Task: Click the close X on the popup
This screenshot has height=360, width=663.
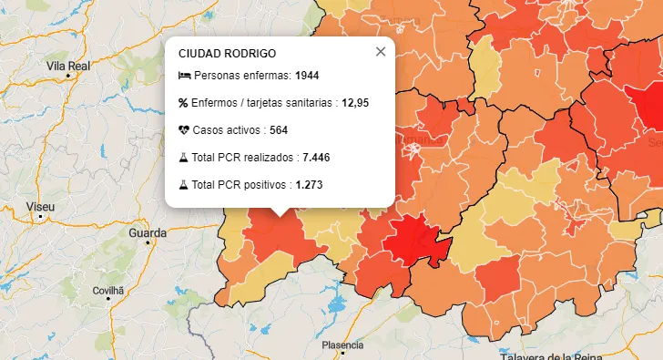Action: (x=381, y=52)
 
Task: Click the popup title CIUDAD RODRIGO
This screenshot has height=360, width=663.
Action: (x=227, y=54)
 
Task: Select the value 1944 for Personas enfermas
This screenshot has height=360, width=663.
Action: (x=308, y=75)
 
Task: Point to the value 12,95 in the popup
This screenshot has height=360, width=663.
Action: (x=355, y=102)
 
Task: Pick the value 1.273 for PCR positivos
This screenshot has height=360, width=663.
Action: (x=309, y=185)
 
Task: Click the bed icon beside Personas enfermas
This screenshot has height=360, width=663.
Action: (x=185, y=75)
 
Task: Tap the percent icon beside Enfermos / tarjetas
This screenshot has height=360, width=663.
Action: (x=184, y=102)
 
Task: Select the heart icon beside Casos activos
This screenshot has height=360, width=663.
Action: (x=184, y=130)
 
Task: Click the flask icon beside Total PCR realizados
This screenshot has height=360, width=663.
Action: (x=184, y=158)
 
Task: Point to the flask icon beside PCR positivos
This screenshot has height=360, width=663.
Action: (x=184, y=185)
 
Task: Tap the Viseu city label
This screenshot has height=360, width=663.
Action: (x=40, y=208)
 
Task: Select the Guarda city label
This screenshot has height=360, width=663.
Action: (x=148, y=233)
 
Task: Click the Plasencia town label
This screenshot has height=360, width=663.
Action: (x=342, y=345)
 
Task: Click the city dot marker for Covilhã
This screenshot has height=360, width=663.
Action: (x=107, y=298)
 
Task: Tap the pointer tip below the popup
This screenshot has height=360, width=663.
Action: (x=280, y=215)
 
